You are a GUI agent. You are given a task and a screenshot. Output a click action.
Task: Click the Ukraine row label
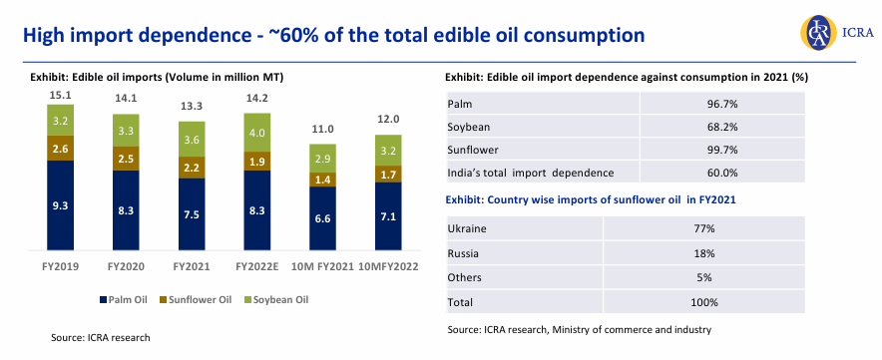point(468,228)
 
